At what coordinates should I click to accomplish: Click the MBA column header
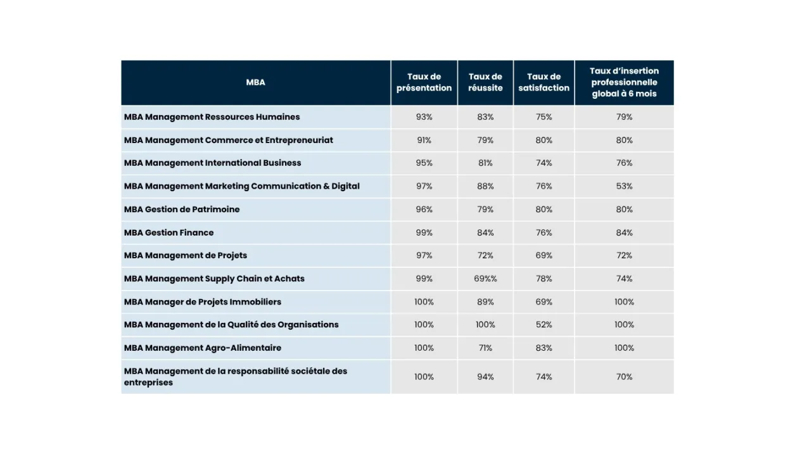(x=255, y=82)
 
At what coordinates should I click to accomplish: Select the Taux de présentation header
(x=424, y=82)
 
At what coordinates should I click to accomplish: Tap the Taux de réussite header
(x=485, y=82)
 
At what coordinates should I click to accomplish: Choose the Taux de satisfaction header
(x=544, y=82)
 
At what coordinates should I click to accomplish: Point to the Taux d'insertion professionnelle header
(x=625, y=82)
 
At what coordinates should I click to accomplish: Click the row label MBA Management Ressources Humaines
(x=212, y=117)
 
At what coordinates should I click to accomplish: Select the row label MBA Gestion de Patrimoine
(x=182, y=209)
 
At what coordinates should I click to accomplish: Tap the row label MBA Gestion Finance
(x=169, y=232)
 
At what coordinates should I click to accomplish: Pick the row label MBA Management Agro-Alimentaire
(x=203, y=348)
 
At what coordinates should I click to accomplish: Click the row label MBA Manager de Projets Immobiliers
(x=203, y=302)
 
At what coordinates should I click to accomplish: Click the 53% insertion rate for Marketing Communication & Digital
(x=625, y=186)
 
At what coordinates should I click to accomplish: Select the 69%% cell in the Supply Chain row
(x=485, y=279)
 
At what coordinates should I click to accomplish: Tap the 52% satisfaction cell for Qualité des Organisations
(x=544, y=325)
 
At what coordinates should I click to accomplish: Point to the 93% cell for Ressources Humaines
(x=424, y=117)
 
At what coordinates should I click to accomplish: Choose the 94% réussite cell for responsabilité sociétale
(x=485, y=377)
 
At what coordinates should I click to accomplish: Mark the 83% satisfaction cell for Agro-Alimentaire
(x=544, y=348)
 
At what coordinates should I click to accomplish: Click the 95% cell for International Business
(x=424, y=163)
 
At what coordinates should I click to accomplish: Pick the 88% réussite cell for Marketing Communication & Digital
(x=485, y=186)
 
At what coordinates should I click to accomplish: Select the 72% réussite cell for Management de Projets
(x=485, y=255)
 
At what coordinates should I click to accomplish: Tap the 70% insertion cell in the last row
(x=625, y=377)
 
